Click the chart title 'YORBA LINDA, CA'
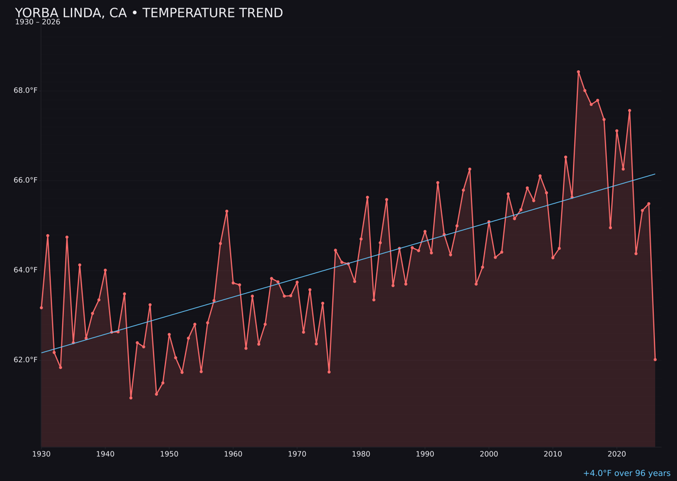(149, 13)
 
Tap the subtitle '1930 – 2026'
(38, 22)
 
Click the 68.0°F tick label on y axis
(26, 90)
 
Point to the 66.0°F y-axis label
(26, 180)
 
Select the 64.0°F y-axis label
(26, 270)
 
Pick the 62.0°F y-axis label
(26, 359)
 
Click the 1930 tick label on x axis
(41, 453)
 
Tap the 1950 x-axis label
(169, 453)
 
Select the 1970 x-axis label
(297, 453)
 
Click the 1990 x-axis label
(425, 453)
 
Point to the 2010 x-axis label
(553, 453)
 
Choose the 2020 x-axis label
(617, 453)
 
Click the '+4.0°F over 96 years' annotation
(626, 473)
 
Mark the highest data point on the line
(578, 72)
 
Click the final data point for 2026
(655, 359)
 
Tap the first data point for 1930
(41, 308)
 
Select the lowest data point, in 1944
(131, 398)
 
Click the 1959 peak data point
(227, 211)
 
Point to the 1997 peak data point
(470, 169)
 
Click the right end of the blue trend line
(655, 174)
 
